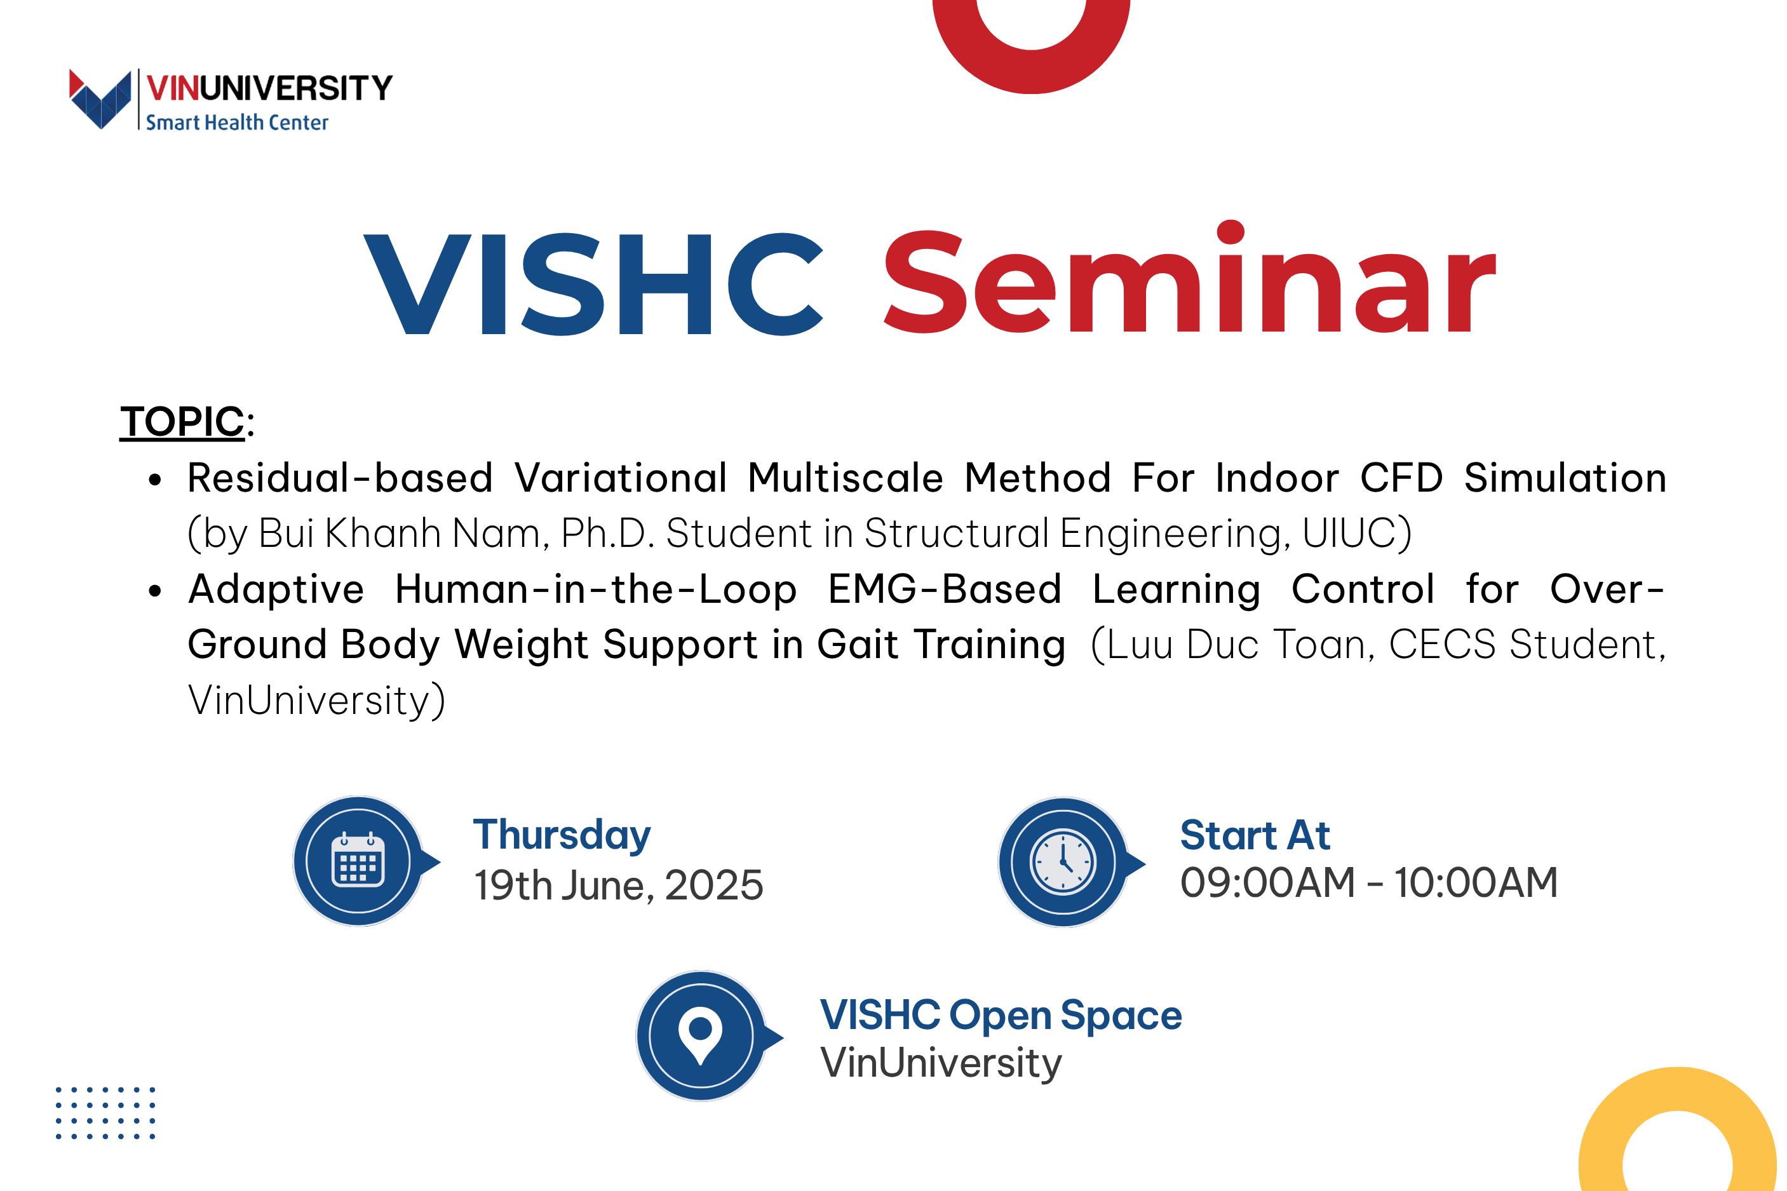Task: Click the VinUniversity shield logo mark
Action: [x=100, y=98]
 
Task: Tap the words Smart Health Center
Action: [x=237, y=123]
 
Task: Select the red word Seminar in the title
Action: [x=1189, y=278]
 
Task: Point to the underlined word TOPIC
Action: [x=182, y=421]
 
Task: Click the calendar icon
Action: [x=358, y=861]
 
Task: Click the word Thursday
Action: [x=562, y=835]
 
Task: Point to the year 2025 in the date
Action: [x=714, y=885]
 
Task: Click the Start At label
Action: [x=1255, y=835]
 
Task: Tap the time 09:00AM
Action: [x=1267, y=883]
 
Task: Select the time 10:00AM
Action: [x=1476, y=883]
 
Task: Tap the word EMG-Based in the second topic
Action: [x=944, y=589]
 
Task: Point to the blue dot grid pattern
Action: [x=105, y=1113]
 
